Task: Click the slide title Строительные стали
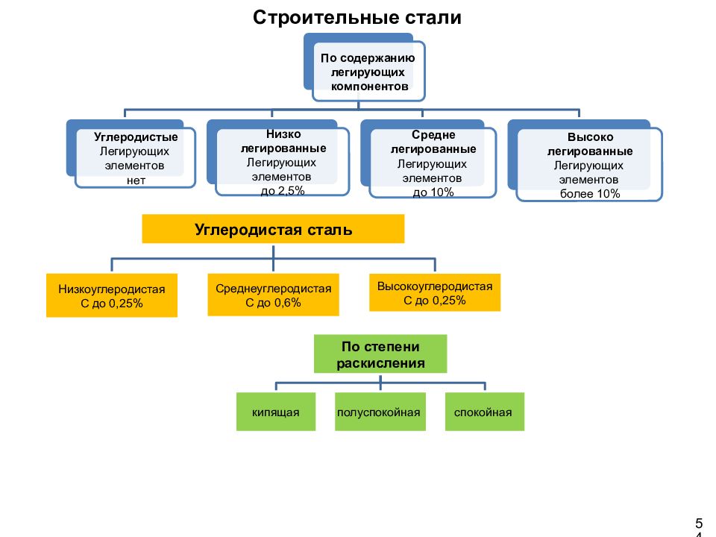click(357, 18)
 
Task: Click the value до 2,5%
click(283, 191)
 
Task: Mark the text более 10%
click(590, 194)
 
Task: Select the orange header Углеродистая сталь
click(273, 229)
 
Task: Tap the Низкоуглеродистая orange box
click(112, 295)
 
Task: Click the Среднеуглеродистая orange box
click(273, 295)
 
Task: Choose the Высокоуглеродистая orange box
click(435, 292)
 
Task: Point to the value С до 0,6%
click(273, 303)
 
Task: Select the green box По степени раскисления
click(380, 354)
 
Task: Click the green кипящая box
click(276, 412)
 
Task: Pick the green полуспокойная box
click(380, 412)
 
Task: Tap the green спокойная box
click(485, 412)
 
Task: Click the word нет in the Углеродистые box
click(136, 180)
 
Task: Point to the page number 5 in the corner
click(699, 524)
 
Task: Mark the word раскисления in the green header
click(380, 363)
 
